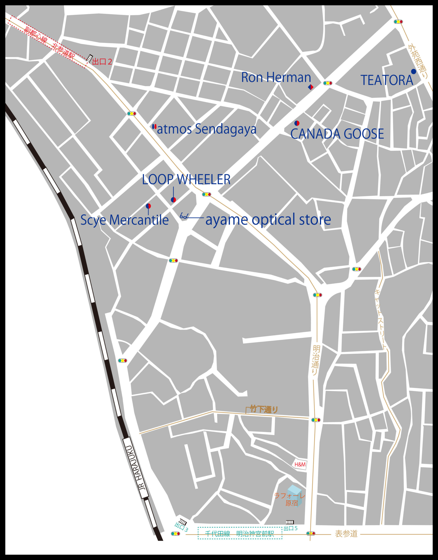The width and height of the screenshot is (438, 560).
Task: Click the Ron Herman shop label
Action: pos(276,77)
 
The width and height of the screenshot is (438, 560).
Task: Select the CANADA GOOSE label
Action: pos(337,134)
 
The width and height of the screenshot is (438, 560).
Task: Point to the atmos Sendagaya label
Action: pos(207,129)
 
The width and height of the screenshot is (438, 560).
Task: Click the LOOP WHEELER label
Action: pos(186,180)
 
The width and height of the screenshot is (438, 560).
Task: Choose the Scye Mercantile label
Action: pos(125,220)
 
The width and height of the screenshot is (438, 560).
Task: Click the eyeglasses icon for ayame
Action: pos(184,216)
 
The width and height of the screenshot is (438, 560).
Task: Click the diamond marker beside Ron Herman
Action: pos(310,87)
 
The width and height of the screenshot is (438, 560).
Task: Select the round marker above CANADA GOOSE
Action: pos(297,123)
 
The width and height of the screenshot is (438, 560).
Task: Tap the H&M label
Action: pos(300,464)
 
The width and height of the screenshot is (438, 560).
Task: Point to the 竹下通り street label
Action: pos(264,409)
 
